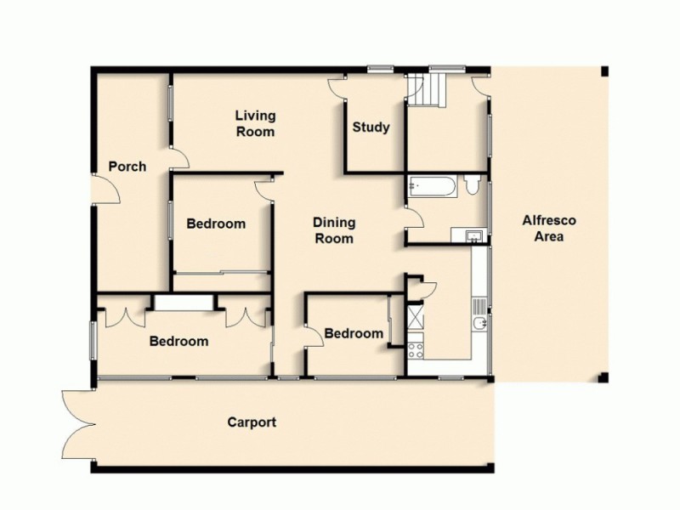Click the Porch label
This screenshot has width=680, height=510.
[x=127, y=167]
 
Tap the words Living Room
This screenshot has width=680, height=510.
[x=255, y=124]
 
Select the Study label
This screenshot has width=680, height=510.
[x=371, y=127]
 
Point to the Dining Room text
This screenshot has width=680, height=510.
[x=334, y=230]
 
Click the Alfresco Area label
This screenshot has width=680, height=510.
[x=548, y=229]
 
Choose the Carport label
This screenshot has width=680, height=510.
[x=252, y=422]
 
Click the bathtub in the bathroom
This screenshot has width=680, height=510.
[x=433, y=186]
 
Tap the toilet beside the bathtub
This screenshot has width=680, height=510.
[x=473, y=185]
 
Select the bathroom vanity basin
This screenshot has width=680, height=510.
[x=471, y=235]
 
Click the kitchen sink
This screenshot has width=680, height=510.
[x=481, y=324]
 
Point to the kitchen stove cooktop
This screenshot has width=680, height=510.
[x=416, y=348]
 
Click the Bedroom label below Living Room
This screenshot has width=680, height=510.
[x=216, y=224]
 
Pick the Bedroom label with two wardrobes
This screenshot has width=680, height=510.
[x=178, y=342]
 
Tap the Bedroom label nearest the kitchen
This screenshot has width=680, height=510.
[x=354, y=333]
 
